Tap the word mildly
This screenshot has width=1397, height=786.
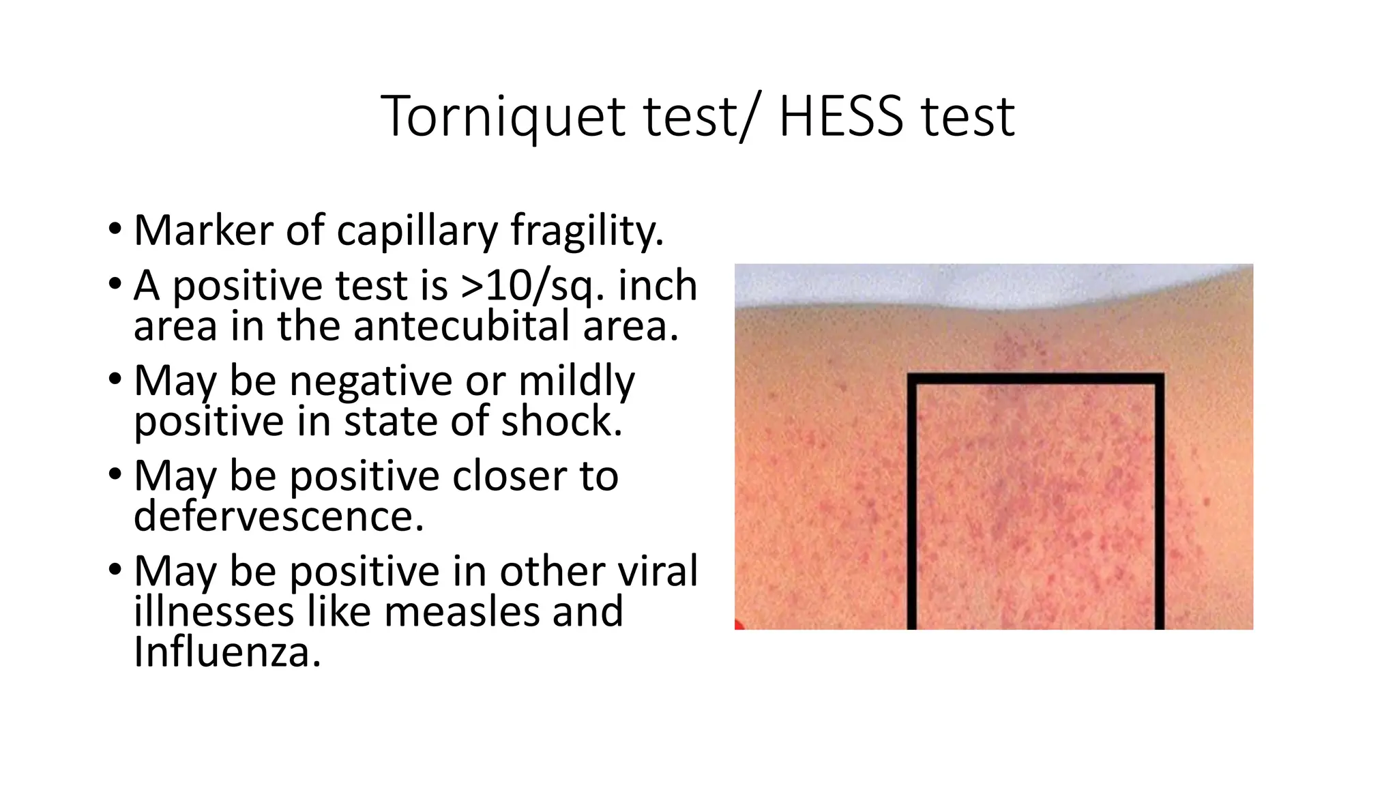[x=576, y=381]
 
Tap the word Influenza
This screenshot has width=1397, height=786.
[x=227, y=652]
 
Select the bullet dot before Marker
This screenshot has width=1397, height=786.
[x=115, y=229]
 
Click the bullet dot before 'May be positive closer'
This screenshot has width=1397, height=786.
[x=115, y=474]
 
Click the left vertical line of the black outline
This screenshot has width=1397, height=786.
[x=912, y=505]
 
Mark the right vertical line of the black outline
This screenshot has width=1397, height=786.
[x=1159, y=505]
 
